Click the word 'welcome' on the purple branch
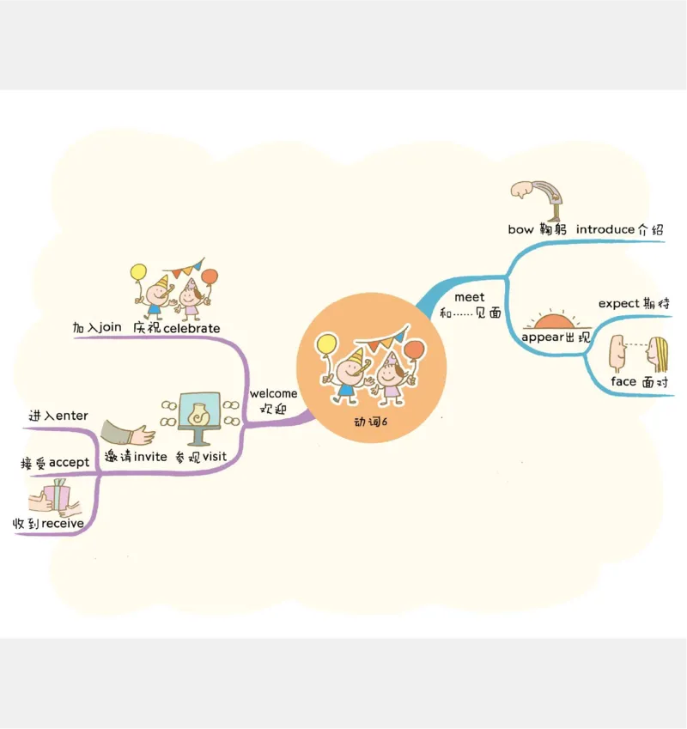(x=273, y=394)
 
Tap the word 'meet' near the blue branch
(x=469, y=297)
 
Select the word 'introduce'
(x=605, y=230)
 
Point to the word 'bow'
(x=520, y=230)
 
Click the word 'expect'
(x=618, y=303)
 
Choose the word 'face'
(x=623, y=381)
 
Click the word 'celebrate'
(x=192, y=328)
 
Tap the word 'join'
(x=111, y=327)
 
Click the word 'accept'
(x=69, y=463)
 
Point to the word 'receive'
(x=63, y=523)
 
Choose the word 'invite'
(x=149, y=457)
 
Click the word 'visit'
(x=215, y=457)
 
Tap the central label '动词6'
(x=371, y=422)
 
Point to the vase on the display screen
(x=198, y=413)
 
